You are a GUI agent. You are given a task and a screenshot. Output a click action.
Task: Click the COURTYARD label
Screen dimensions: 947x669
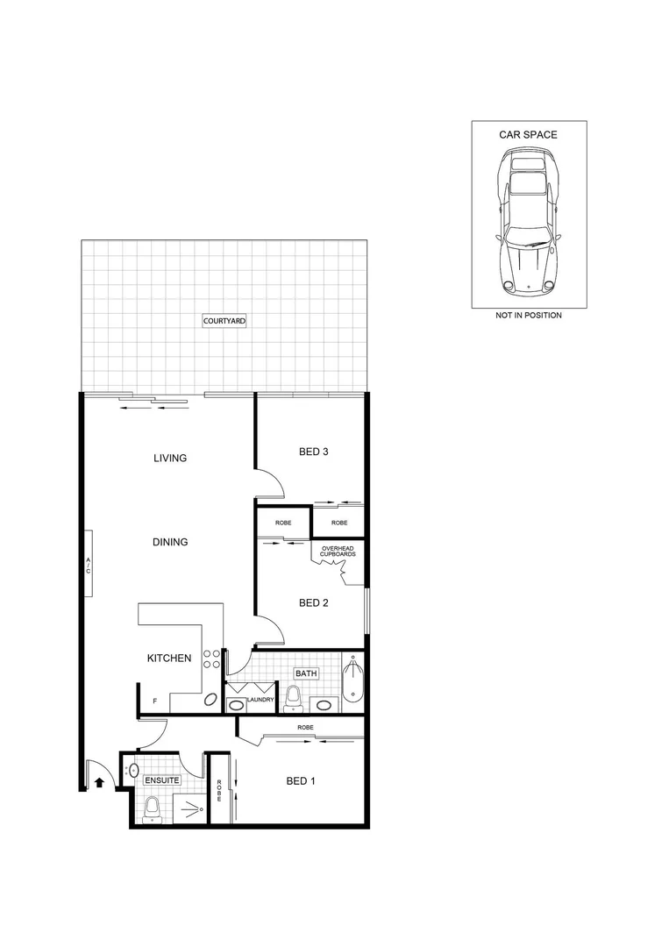(x=224, y=321)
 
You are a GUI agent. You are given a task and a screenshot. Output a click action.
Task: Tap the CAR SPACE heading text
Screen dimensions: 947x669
(x=528, y=135)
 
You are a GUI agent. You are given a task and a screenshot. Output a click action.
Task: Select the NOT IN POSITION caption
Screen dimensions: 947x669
(x=528, y=315)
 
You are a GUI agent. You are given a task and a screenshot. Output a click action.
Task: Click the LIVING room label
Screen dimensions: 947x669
(x=170, y=458)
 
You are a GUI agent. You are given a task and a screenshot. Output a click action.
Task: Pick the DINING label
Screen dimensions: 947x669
(x=170, y=542)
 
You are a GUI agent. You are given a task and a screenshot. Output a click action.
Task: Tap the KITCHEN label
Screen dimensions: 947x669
(x=168, y=658)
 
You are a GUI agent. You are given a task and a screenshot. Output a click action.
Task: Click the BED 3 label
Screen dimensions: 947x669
(x=313, y=452)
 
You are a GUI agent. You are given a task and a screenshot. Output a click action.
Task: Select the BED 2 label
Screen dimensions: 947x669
(x=313, y=602)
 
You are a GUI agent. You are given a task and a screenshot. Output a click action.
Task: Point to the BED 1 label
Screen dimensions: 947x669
(x=301, y=781)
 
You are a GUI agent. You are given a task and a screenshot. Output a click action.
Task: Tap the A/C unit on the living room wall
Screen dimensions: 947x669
(x=89, y=563)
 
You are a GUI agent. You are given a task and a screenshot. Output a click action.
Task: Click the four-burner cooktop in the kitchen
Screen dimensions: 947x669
(x=211, y=659)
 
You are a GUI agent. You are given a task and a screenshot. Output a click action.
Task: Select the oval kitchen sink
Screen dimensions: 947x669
(x=210, y=700)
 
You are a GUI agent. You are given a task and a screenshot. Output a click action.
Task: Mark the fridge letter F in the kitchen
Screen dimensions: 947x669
(x=155, y=701)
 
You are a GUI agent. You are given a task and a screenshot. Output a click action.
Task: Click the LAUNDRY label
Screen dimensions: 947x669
(x=260, y=700)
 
